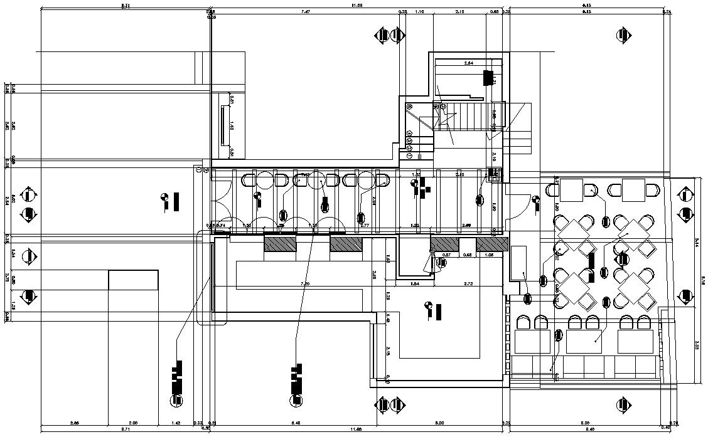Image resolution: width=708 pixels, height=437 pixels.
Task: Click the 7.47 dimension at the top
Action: [306, 12]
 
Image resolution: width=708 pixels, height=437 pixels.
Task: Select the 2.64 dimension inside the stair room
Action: [468, 63]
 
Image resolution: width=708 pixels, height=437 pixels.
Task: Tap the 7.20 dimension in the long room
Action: [305, 284]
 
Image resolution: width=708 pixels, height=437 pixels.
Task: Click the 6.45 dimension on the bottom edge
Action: [296, 423]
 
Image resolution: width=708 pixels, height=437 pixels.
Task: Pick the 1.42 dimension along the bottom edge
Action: [176, 423]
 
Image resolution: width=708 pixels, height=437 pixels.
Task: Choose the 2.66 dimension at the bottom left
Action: [75, 423]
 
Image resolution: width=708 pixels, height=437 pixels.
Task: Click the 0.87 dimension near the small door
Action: [447, 255]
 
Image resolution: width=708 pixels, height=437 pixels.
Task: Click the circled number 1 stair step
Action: [409, 155]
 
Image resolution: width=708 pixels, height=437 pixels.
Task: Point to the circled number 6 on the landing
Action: [410, 107]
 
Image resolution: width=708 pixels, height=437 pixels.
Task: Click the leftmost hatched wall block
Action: [279, 243]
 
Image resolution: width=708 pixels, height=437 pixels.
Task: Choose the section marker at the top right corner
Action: [624, 35]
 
